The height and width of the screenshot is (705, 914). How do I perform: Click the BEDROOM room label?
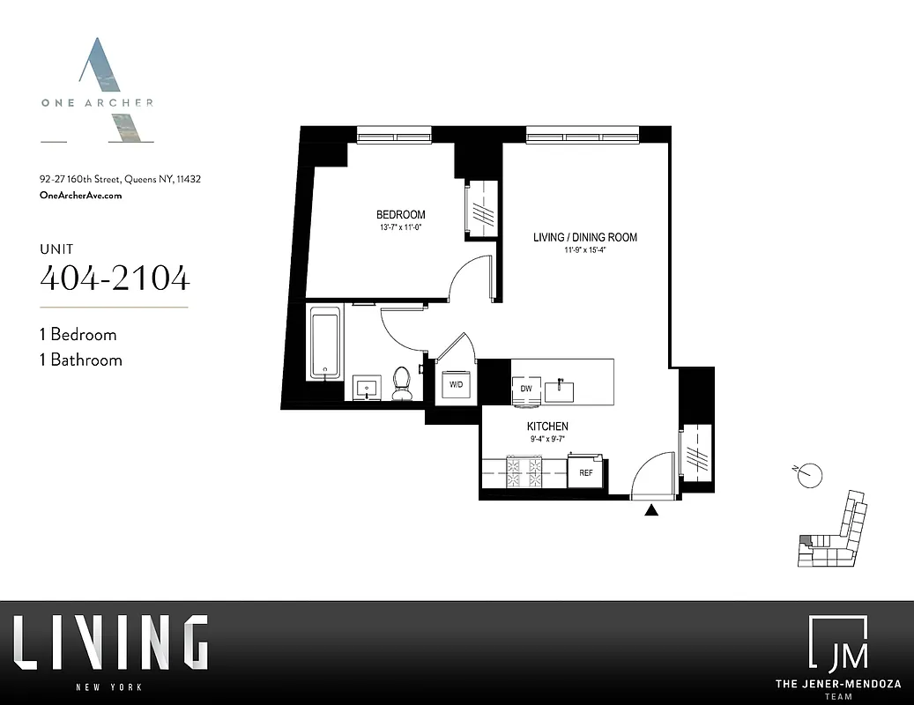(x=401, y=214)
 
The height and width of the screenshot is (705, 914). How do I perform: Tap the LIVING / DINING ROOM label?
(x=585, y=237)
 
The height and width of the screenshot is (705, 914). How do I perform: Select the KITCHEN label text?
(x=549, y=427)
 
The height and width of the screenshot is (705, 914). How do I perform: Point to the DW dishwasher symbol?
(x=525, y=388)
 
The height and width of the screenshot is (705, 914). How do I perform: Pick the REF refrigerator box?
(x=585, y=472)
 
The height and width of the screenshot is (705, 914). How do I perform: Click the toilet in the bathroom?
(x=402, y=380)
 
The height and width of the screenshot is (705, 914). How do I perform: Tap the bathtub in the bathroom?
(x=325, y=342)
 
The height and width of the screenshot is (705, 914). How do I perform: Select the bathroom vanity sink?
(x=367, y=387)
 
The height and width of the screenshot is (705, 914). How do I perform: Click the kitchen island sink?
(x=559, y=388)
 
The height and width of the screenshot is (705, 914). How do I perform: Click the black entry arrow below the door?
(x=652, y=509)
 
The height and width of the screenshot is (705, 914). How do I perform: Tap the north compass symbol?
(x=810, y=474)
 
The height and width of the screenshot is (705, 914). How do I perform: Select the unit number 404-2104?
(x=115, y=278)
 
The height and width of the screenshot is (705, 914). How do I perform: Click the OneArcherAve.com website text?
(x=81, y=196)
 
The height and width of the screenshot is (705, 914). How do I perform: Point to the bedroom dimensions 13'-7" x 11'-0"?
(x=400, y=228)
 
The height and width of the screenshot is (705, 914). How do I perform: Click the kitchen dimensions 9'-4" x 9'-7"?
(x=548, y=439)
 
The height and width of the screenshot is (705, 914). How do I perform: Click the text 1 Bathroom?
(x=81, y=360)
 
